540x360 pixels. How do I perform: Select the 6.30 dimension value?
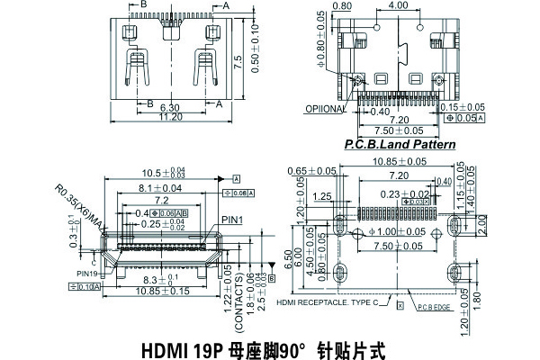pyautogui.click(x=170, y=106)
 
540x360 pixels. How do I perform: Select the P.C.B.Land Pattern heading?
pyautogui.click(x=400, y=144)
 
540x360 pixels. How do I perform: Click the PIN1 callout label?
pyautogui.click(x=231, y=219)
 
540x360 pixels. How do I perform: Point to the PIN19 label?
pyautogui.click(x=87, y=273)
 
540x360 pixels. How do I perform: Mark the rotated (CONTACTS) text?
pyautogui.click(x=239, y=308)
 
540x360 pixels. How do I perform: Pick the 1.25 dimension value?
pyautogui.click(x=321, y=196)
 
